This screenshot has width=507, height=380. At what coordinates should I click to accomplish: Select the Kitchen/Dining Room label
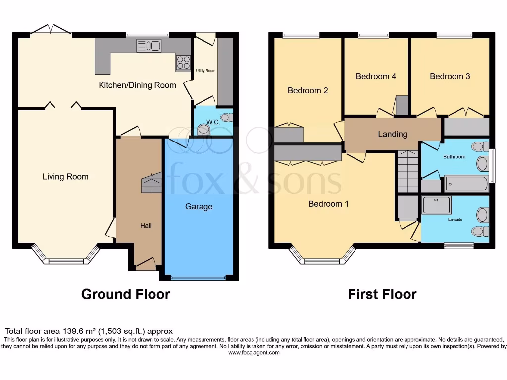pos(137,85)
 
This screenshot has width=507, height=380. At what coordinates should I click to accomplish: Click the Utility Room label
pos(205,71)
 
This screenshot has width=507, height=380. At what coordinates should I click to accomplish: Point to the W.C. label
pos(213,122)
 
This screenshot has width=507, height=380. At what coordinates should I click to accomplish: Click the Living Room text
pos(65,177)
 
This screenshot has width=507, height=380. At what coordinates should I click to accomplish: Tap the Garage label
pos(199,206)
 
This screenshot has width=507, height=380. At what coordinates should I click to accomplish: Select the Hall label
pos(146,226)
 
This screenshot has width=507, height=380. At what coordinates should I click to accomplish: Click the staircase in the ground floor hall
pos(152,184)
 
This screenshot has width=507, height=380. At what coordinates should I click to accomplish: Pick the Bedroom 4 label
pos(376,76)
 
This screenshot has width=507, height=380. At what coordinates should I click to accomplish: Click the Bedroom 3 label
pos(450,76)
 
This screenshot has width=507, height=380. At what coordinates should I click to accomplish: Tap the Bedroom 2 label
pos(308,90)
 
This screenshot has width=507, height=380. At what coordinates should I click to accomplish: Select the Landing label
pos(393,134)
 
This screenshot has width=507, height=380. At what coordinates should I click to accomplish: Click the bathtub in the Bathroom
pos(466,184)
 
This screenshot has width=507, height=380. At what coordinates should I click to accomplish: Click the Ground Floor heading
pos(125,295)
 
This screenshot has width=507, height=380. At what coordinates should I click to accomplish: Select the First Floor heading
pos(382,295)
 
